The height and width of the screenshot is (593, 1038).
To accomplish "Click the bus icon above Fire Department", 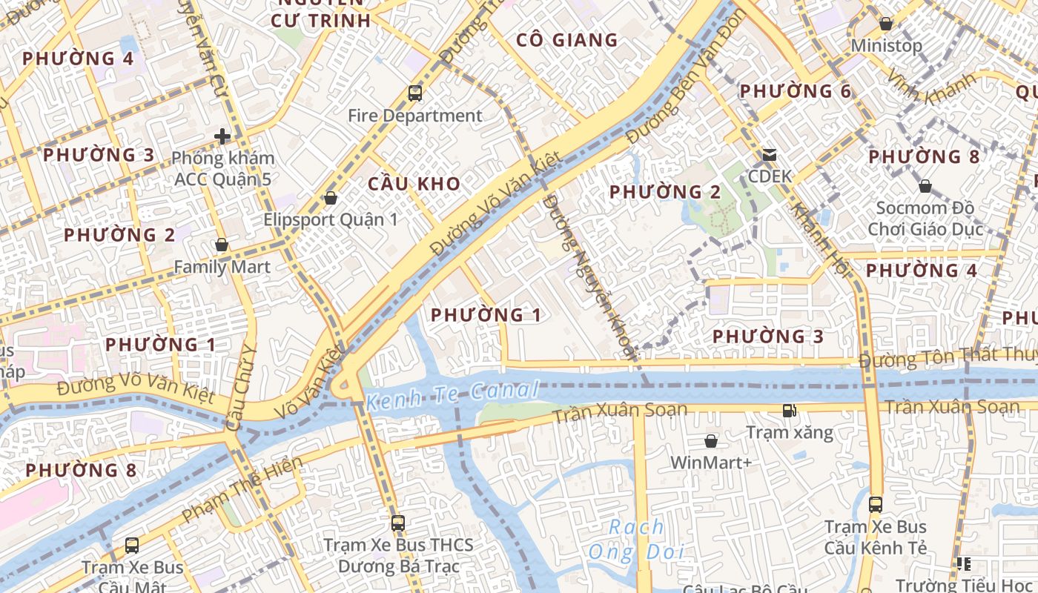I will point(415,93).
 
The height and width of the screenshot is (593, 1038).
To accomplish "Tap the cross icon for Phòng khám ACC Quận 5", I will point(222,136).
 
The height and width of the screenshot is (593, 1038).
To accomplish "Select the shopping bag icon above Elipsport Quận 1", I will point(331,198).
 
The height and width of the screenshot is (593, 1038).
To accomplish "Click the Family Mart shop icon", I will point(222,245).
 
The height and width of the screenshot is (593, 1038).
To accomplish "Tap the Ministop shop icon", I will point(885,24).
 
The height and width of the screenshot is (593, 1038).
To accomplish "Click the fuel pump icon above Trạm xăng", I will point(790,410).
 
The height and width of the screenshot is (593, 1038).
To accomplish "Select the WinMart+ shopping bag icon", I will point(711,441).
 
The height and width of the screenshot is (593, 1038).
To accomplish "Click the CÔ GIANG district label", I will point(567,40).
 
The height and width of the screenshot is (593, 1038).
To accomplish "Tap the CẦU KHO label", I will point(414,184).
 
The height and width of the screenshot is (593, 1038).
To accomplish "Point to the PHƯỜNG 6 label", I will point(796,91).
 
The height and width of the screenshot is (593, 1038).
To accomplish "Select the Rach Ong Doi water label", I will point(636,540).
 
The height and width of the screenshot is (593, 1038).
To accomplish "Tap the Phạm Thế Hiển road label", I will point(242,489).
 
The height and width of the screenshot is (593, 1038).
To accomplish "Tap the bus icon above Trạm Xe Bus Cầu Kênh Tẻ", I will point(876,505).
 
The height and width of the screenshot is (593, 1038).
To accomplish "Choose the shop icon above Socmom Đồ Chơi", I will point(925,185).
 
